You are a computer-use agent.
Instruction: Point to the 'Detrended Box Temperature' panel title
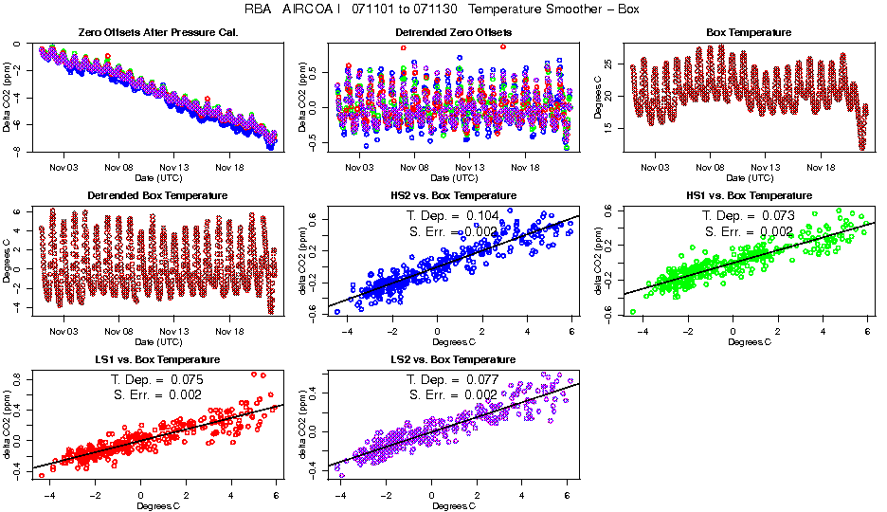click(143, 195)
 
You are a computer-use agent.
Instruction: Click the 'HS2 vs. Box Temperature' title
click(440, 195)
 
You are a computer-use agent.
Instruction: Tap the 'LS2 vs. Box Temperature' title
click(440, 360)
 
